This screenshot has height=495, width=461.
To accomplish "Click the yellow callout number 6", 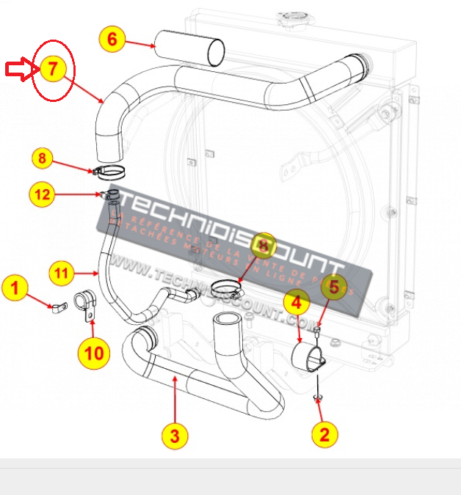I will click(112, 39).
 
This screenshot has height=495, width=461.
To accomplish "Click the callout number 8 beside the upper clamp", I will click(43, 158).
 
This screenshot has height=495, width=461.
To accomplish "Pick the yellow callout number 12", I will click(43, 194).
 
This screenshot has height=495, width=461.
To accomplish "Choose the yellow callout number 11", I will click(62, 274).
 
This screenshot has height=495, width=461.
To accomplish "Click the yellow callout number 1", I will click(15, 288).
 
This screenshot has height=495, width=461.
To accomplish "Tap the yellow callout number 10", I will click(94, 353).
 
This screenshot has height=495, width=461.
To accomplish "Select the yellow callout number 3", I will click(174, 436).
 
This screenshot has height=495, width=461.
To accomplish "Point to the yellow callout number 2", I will click(324, 434).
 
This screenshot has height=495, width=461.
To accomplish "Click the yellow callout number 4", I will click(296, 301).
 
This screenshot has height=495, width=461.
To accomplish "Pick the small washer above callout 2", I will click(318, 397).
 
